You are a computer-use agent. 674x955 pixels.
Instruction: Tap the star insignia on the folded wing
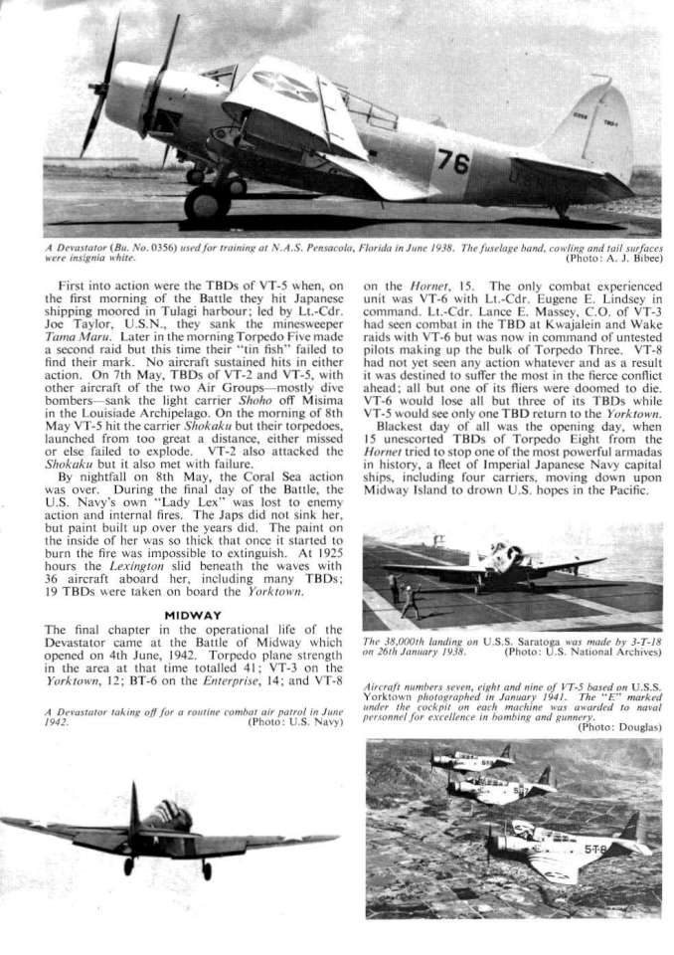point(284,87)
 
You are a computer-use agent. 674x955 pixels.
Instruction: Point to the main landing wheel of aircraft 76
point(207,202)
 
